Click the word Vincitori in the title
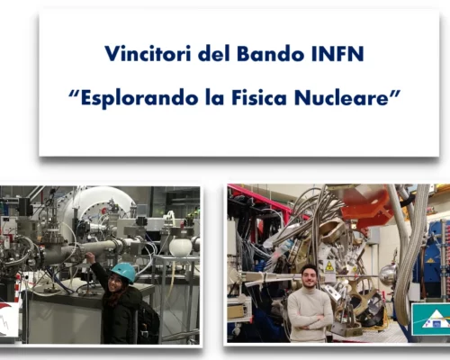coord(148,53)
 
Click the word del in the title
coord(214,53)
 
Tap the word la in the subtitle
coord(214,97)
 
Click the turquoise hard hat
coord(123,271)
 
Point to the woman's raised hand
coord(89,256)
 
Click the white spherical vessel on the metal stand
coord(180,247)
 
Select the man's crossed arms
coord(310,321)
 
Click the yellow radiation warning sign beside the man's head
coord(329,266)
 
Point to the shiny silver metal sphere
coord(388,274)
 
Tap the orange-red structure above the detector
coord(366,205)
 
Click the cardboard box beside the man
coord(236,310)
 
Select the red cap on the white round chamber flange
coord(103,210)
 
